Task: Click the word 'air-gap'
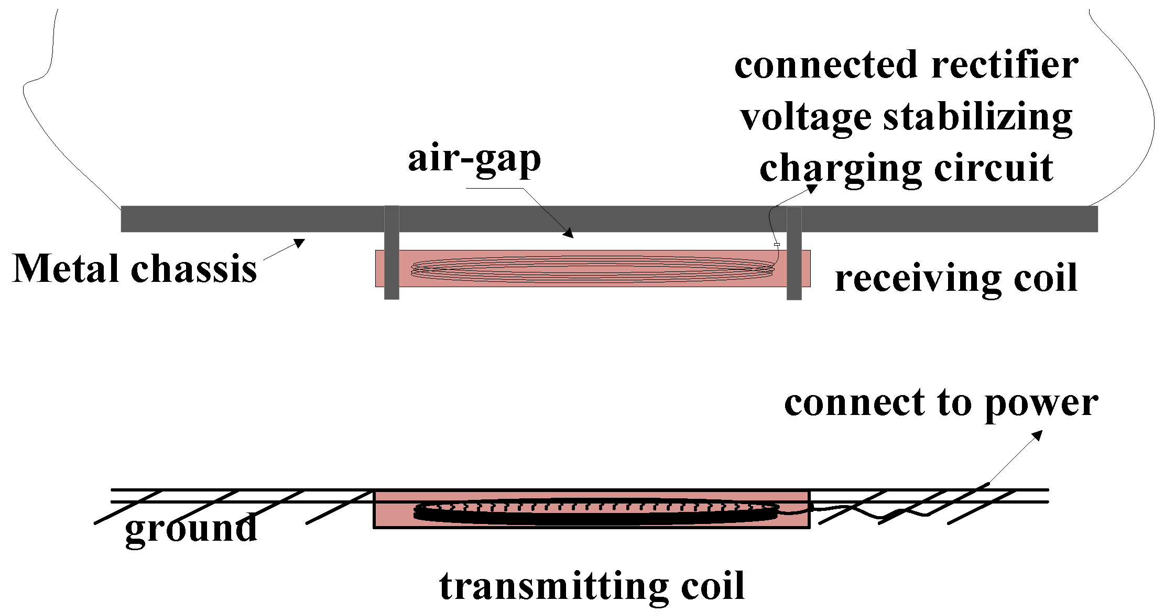(474, 160)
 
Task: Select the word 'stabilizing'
(978, 118)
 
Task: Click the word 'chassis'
(194, 269)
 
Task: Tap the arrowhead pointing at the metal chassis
(300, 243)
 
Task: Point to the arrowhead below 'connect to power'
(1037, 435)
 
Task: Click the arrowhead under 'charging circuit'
(812, 189)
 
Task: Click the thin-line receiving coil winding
(592, 269)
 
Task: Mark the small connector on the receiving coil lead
(777, 245)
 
